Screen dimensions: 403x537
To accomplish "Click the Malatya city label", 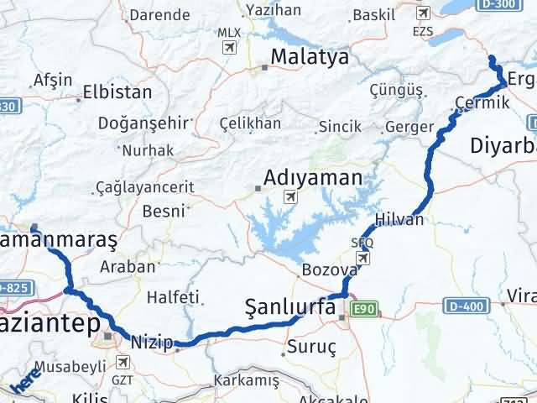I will click(x=305, y=57).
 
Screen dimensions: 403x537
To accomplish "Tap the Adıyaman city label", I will click(x=313, y=178).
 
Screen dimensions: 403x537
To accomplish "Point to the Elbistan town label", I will click(x=118, y=92).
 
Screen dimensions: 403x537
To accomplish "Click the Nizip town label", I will click(x=152, y=342).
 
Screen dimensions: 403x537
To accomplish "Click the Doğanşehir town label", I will click(x=130, y=123).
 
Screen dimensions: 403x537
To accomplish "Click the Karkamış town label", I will click(x=247, y=380).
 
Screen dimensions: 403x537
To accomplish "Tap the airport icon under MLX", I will click(x=227, y=47).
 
